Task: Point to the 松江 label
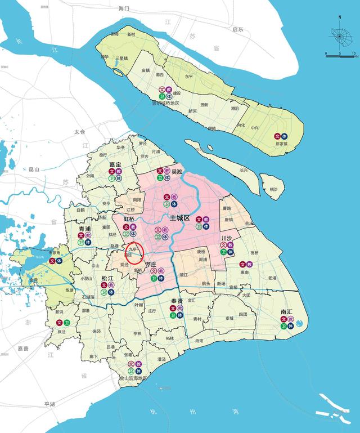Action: click(x=107, y=278)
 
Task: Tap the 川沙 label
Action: click(x=227, y=238)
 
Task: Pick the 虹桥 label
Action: click(x=129, y=219)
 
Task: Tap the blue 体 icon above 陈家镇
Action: click(x=285, y=136)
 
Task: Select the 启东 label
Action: click(x=237, y=29)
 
